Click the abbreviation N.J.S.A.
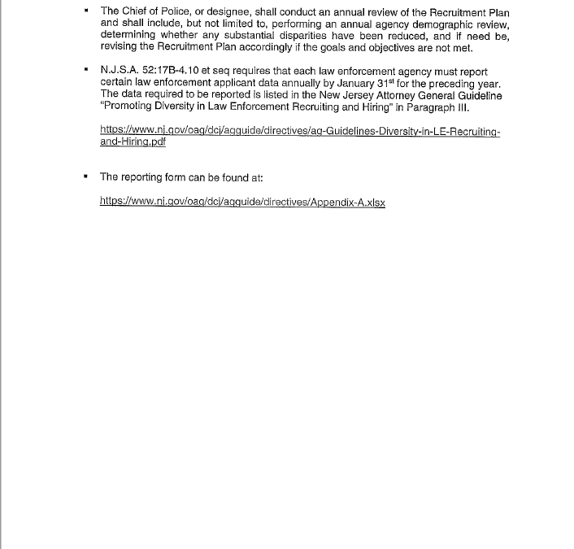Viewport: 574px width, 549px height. [x=120, y=72]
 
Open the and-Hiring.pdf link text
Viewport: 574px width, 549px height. [x=133, y=142]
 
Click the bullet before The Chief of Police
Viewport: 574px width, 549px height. [x=85, y=11]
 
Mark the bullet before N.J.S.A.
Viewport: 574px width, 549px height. [x=85, y=72]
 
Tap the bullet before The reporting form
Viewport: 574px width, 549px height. [x=85, y=176]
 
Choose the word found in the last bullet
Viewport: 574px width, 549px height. [x=234, y=176]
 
